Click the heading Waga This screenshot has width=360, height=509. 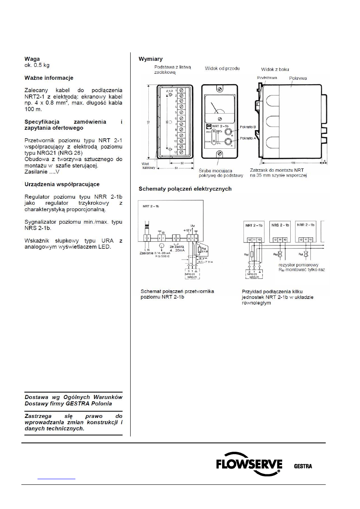point(33,58)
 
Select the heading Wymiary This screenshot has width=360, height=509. point(151,59)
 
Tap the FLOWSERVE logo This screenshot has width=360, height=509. point(249,467)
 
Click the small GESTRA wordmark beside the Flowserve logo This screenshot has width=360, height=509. point(303,467)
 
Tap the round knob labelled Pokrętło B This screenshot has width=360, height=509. point(228,132)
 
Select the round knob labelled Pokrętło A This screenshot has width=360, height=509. point(228,141)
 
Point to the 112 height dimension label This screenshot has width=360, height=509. point(149,121)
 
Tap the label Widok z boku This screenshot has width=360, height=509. point(275,69)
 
